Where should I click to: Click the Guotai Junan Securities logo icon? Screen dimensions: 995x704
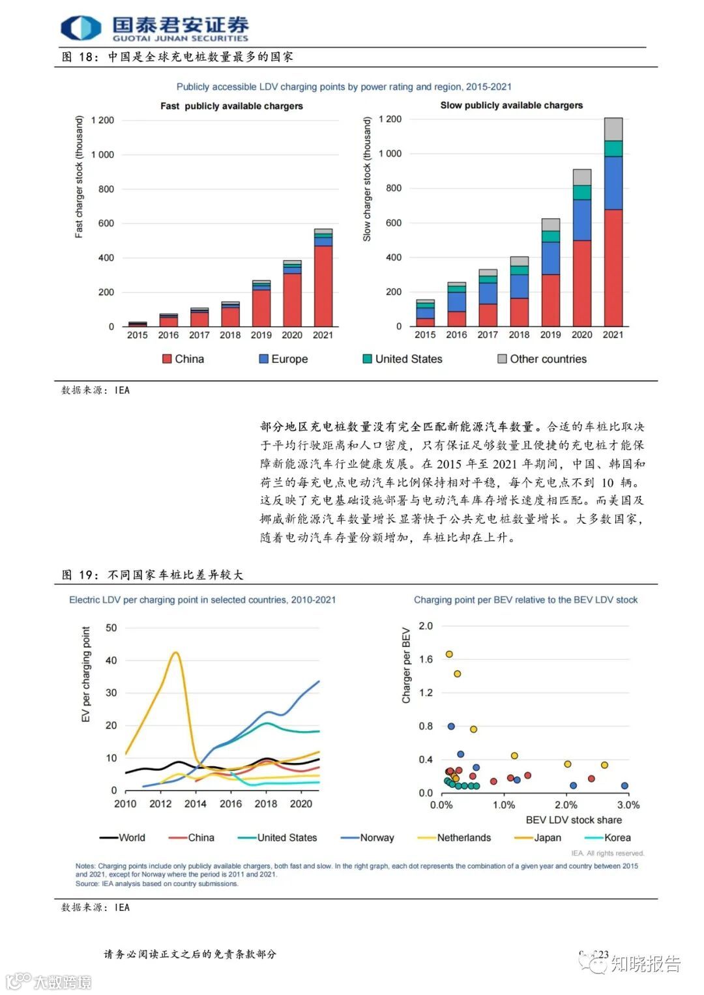click(81, 28)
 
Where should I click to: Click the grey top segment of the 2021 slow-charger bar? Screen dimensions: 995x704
click(613, 129)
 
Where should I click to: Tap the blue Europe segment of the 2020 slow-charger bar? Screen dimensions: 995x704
click(581, 220)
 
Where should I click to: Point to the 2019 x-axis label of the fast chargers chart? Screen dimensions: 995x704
click(261, 335)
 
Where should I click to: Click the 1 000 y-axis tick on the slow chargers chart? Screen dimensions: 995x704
click(390, 154)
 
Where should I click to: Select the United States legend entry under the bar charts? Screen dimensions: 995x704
click(402, 359)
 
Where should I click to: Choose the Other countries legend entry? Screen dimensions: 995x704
click(542, 359)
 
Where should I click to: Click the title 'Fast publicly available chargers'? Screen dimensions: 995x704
click(231, 106)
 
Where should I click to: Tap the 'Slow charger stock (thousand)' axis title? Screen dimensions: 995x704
click(367, 179)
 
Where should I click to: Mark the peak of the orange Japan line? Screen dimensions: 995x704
click(175, 652)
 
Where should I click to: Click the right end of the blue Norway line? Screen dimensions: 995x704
click(319, 682)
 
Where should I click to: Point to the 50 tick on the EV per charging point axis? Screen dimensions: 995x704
click(111, 627)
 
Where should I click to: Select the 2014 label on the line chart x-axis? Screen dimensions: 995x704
click(196, 804)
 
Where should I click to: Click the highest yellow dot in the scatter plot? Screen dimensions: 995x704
click(448, 654)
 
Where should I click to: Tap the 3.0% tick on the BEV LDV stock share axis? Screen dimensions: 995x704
click(628, 805)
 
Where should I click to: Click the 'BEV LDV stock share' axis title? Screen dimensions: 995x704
click(574, 820)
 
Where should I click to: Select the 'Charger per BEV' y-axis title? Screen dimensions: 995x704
click(406, 665)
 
